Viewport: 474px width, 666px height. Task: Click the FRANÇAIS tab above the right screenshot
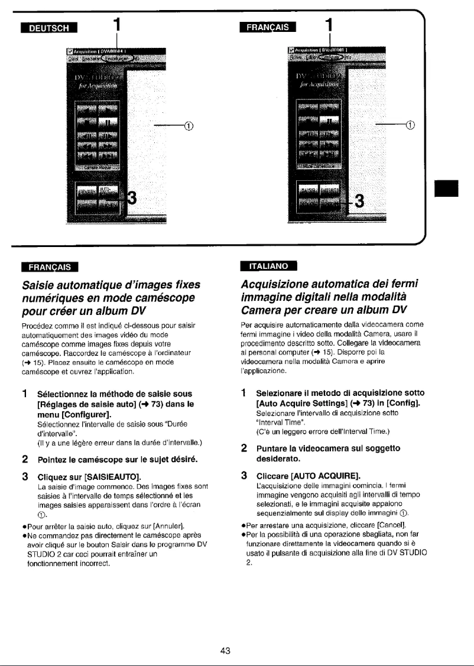pos(268,27)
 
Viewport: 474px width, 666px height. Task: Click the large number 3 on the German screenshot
pos(133,199)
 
